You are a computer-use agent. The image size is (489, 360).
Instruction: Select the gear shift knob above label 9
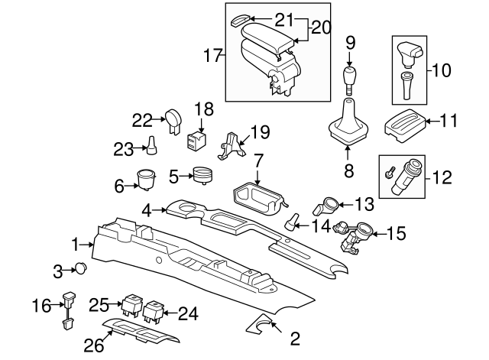(x=349, y=76)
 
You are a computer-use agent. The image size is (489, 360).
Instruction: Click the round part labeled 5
(x=202, y=176)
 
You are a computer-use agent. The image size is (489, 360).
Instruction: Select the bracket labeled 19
(x=232, y=145)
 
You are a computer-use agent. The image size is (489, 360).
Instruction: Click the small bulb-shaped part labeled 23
(x=151, y=144)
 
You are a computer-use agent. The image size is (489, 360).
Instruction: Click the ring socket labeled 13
(x=329, y=205)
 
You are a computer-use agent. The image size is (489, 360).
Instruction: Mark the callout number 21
(x=263, y=18)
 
